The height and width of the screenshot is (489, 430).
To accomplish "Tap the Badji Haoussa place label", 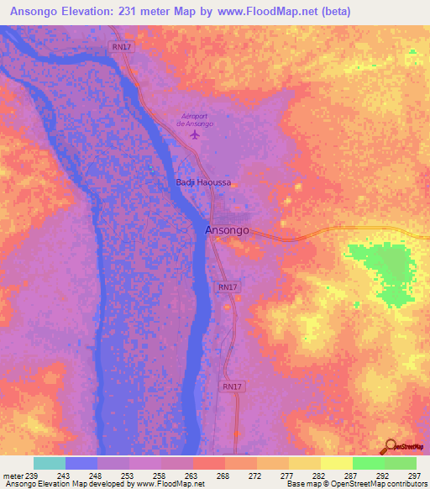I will (x=202, y=182).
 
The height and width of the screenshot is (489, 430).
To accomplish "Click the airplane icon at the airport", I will (x=196, y=134).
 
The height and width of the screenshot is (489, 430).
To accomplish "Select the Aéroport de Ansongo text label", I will (x=195, y=119).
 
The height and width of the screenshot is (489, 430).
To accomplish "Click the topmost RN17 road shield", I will (x=120, y=48).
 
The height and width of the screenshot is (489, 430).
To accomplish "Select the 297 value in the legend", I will (x=412, y=476).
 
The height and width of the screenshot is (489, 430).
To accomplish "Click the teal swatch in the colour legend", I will (x=49, y=463).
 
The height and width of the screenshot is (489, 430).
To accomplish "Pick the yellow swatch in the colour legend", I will (x=336, y=463).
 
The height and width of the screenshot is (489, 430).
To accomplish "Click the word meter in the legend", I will (x=11, y=476).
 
